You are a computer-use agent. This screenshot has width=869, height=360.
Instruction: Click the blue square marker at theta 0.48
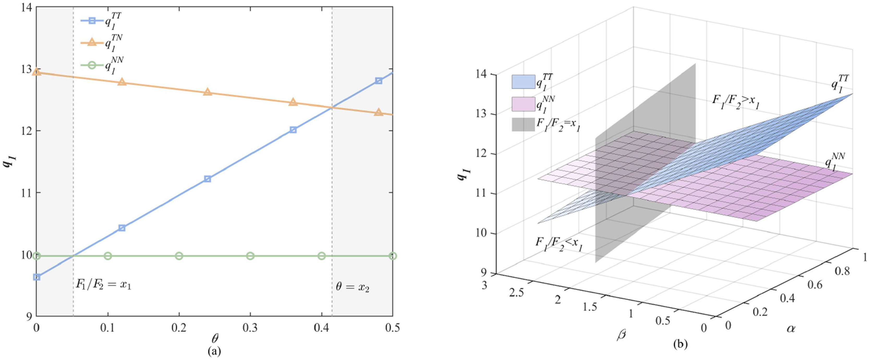379,81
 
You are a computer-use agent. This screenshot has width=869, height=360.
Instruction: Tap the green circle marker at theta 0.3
250,256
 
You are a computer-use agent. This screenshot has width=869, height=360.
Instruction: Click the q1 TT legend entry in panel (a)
101,22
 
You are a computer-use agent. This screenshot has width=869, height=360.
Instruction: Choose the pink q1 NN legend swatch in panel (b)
523,104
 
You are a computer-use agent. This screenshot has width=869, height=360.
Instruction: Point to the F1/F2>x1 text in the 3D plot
737,102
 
